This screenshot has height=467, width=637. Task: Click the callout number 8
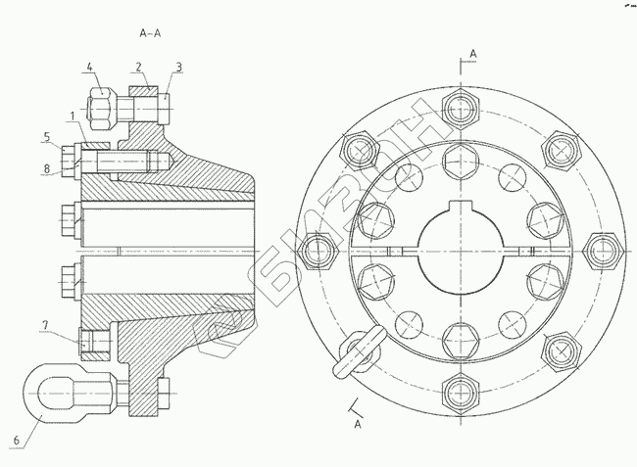coord(46,168)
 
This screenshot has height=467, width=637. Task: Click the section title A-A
coord(151,33)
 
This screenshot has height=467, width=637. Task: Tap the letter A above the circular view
coord(472,51)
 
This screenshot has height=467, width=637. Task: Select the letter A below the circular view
coord(358,426)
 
